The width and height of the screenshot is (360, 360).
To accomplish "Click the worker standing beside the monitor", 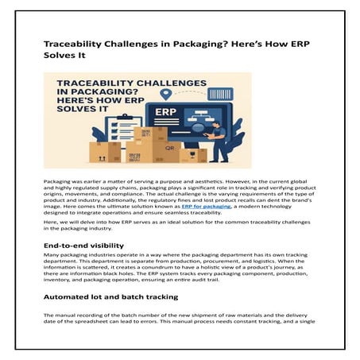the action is (217, 139).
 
